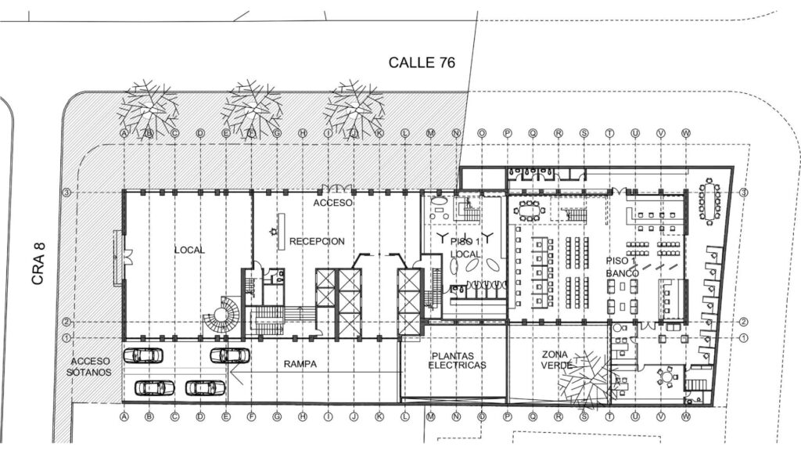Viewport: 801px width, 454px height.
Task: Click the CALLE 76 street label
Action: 422,63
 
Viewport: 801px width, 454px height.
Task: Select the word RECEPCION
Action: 316,241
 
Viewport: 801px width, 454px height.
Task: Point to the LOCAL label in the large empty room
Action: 189,250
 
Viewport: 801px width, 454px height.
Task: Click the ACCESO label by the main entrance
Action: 333,203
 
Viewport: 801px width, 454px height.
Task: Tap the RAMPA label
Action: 300,362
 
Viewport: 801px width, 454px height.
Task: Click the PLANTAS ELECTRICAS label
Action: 458,360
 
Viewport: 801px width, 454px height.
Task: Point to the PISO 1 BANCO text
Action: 623,266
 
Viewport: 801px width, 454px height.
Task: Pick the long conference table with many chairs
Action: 711,202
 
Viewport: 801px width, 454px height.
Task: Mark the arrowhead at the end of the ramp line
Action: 235,375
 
